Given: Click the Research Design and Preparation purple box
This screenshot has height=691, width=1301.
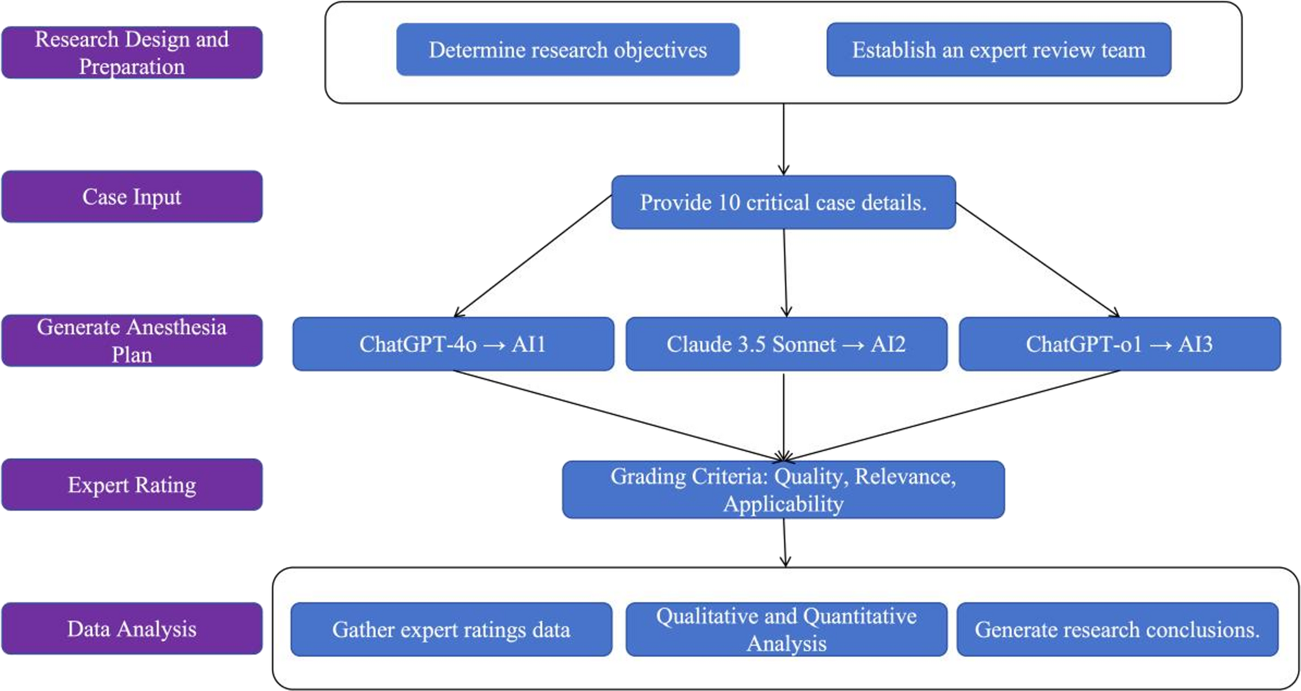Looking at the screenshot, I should coord(132,52).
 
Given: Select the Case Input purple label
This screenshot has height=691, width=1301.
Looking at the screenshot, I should coord(132,197).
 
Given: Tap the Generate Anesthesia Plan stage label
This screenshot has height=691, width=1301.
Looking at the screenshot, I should coord(132,341).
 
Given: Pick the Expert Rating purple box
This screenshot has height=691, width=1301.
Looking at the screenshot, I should coord(132,485).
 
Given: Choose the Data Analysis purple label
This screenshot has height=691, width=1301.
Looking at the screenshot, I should coord(132,628).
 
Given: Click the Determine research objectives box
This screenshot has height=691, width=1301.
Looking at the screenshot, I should coord(568,50).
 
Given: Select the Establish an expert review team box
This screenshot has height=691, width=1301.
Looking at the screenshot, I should coord(999,50).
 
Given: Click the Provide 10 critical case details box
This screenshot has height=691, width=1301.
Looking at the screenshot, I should coord(783,202).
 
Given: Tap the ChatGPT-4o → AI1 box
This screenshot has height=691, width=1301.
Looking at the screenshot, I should coord(453,344).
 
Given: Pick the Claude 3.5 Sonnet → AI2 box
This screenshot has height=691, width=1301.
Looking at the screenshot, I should coord(786,344).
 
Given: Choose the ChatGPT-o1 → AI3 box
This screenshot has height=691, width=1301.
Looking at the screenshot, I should coord(1119,344).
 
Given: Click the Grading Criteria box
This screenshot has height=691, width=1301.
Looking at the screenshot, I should coord(783,490).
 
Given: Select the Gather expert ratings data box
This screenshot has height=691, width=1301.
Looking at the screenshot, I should coord(451,629).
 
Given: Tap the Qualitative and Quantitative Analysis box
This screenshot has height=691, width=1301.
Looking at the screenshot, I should coord(786,629).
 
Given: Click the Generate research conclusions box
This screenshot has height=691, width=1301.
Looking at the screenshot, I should coord(1117,629).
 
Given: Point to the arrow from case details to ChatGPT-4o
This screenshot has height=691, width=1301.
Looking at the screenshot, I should coord(533,256).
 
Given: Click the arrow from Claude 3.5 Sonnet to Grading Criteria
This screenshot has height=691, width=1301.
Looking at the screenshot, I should coord(783,417).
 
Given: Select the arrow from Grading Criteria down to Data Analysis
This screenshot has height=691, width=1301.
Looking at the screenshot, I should coord(785,542).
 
